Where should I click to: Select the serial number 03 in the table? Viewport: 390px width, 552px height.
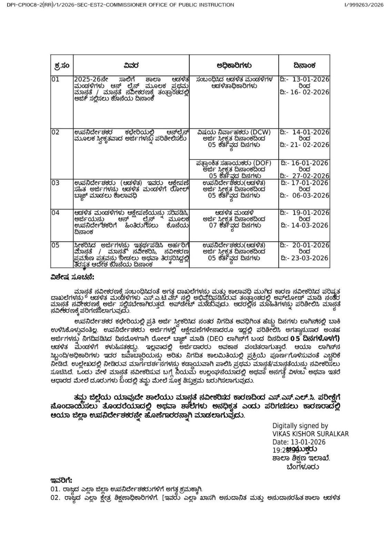tap(56, 183)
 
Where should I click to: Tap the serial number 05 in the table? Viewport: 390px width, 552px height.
tap(56, 245)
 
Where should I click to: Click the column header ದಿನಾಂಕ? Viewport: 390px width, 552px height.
tap(305, 65)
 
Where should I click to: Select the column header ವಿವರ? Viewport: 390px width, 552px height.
tap(131, 65)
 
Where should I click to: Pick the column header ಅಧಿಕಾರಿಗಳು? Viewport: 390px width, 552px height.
tap(234, 65)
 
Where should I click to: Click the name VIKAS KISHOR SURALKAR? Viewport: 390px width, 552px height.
tap(310, 434)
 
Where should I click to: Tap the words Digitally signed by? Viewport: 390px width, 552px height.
tap(300, 426)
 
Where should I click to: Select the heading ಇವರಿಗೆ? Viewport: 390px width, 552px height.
tap(61, 480)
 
